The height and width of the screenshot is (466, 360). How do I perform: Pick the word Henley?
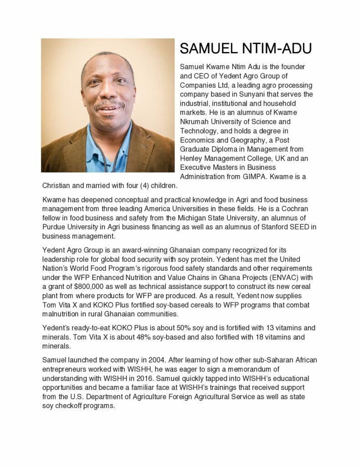193,158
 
